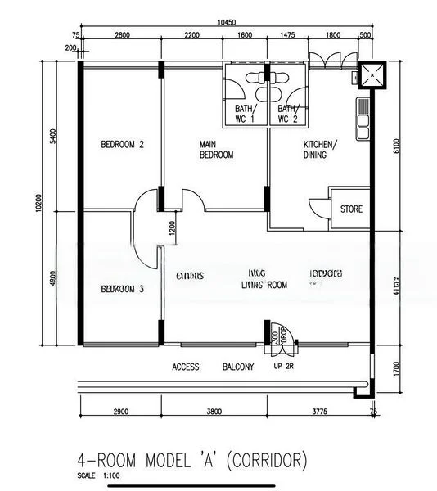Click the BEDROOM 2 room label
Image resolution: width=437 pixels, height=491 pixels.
pos(122,145)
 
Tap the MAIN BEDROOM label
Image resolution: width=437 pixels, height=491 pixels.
pos(216,150)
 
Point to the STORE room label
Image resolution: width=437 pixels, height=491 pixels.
pos(351,209)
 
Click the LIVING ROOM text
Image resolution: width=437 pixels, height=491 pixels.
pos(264,285)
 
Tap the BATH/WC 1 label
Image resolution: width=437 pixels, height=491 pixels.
pos(246,114)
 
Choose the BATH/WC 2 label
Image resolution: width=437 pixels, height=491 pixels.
pos(287,114)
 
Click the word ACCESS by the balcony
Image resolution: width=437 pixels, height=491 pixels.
pos(186,367)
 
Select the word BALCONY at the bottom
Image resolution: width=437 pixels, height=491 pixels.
pos(238,367)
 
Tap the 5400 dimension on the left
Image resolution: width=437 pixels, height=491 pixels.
pos(53,135)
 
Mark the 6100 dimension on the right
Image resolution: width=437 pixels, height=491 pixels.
pos(397,145)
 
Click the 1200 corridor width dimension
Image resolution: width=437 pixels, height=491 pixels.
pos(172,228)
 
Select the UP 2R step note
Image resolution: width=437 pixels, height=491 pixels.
pos(283,367)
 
